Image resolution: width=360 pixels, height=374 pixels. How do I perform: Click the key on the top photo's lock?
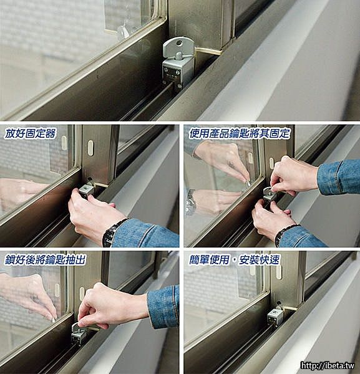(x=176, y=48)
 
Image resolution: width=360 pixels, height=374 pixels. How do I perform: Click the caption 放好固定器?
(x=30, y=133)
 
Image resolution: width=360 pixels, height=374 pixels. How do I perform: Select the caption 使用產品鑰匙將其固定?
(x=240, y=133)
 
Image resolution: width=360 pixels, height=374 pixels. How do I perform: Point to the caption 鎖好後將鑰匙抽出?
(x=45, y=260)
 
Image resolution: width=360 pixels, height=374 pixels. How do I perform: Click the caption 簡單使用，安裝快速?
(x=235, y=260)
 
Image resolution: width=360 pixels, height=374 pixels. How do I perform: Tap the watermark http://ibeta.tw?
(x=328, y=365)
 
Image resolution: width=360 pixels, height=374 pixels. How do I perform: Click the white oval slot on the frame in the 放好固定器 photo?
(x=90, y=147)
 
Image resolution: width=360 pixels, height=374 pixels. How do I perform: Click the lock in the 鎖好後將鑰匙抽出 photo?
(x=79, y=333)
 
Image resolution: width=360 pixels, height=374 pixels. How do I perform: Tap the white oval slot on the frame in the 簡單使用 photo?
(x=279, y=272)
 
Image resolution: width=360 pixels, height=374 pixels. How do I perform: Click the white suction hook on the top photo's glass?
(x=124, y=32)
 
